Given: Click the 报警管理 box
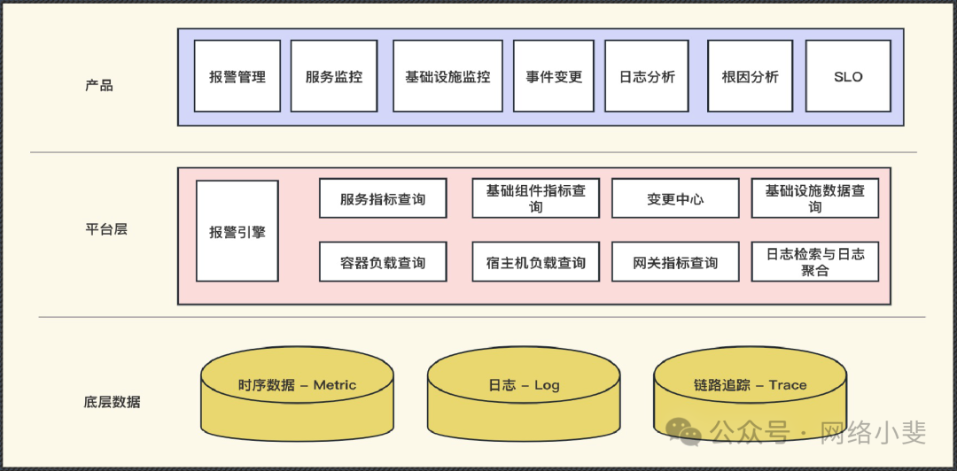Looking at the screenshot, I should pos(237,76).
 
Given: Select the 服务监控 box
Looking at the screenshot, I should pos(334,76).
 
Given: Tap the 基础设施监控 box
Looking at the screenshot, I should pos(447,76).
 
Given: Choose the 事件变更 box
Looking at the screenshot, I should pos(554,76).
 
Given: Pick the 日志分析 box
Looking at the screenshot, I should pos(647,76).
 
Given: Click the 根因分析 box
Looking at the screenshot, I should pos(750,76).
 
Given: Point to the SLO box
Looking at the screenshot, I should pos(848,76).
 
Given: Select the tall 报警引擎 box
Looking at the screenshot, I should pos(237,231).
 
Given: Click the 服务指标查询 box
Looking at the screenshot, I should pos(383,199).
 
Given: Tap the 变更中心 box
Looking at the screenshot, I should pos(675,199).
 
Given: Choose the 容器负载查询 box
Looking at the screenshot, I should pos(383,262).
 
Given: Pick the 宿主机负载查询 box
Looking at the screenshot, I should pos(535,262).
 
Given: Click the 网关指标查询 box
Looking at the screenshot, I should pos(675,262).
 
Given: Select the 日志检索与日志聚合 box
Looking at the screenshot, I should pos(815,262).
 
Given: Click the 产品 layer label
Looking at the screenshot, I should pos(99,86).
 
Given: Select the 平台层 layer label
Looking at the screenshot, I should pos(106,229).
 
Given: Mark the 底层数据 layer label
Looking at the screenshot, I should pos(112,402).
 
